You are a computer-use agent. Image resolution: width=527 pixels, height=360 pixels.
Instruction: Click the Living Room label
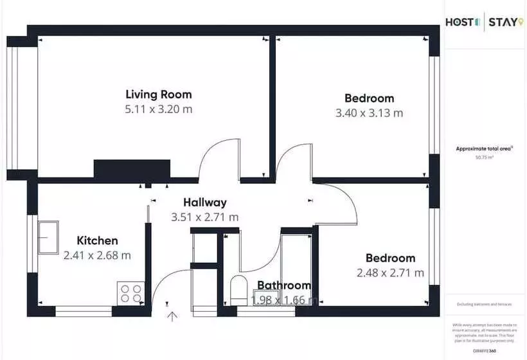tap(158, 94)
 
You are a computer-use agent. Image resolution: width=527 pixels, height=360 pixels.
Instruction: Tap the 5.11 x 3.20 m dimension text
tap(158, 109)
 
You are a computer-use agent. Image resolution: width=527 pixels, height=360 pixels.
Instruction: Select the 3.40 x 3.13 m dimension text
tap(370, 113)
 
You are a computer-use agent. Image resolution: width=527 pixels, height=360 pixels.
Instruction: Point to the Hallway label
tap(204, 203)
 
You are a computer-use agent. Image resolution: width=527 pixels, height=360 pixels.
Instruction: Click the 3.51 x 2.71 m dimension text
tap(205, 217)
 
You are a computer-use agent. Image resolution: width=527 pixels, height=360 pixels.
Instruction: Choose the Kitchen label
tap(97, 240)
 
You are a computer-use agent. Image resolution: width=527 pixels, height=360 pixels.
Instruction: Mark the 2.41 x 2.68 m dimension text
tap(97, 255)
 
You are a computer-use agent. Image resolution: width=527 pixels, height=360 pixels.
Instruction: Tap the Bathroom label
tap(284, 285)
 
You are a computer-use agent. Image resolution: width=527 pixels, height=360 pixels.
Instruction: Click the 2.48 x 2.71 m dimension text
tap(390, 273)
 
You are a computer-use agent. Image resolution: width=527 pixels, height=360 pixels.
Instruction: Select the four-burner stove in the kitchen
tap(130, 294)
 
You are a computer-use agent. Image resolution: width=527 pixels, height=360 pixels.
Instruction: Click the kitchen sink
tap(48, 237)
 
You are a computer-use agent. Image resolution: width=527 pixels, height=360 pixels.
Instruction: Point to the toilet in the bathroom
tap(238, 291)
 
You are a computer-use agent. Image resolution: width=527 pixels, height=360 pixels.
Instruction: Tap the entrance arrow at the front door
tap(172, 315)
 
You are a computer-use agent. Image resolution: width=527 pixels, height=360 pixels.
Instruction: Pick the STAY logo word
tap(503, 23)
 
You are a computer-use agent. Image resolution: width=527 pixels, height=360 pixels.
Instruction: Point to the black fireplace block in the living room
tap(132, 169)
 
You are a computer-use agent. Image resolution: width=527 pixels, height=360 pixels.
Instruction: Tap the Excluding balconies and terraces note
tap(485, 304)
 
